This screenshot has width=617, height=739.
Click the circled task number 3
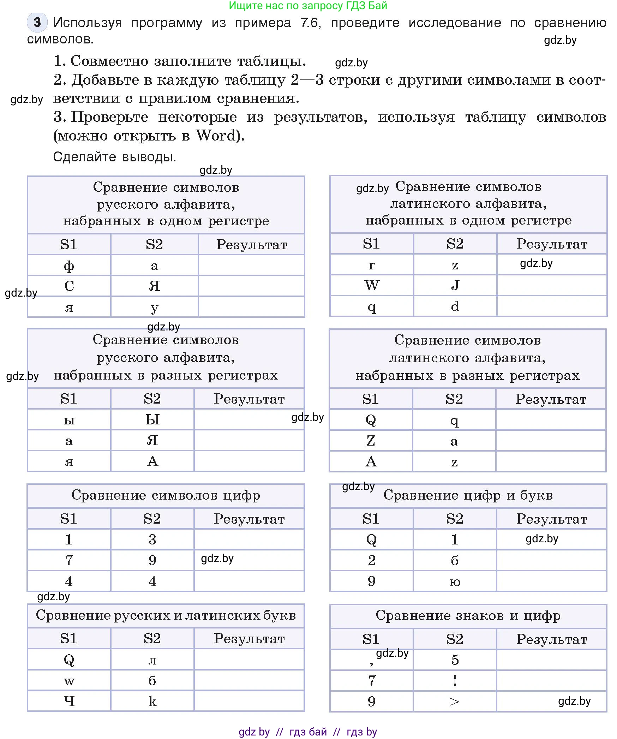[x=37, y=23]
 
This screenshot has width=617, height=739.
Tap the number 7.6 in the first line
[x=310, y=23]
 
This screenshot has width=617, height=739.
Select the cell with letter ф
[x=69, y=266]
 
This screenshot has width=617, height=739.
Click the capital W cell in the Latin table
[x=372, y=285]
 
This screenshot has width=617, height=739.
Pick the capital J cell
[x=455, y=285]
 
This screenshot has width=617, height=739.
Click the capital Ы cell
[x=152, y=420]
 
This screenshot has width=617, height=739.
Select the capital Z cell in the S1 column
[x=371, y=441]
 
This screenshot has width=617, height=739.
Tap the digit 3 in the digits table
[x=152, y=540]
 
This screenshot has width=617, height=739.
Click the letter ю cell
[x=455, y=582]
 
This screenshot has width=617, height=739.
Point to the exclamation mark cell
[x=455, y=680]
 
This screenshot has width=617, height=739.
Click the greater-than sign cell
[x=455, y=702]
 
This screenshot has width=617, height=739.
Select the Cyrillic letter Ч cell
[x=69, y=701]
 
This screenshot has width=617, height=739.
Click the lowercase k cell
[x=152, y=701]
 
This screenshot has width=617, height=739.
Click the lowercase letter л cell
[x=152, y=660]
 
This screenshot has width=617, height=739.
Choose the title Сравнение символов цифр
[x=166, y=495]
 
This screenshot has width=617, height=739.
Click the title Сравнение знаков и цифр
[x=468, y=615]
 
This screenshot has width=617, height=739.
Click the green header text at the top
[x=308, y=6]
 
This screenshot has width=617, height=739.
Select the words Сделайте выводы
[x=114, y=157]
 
